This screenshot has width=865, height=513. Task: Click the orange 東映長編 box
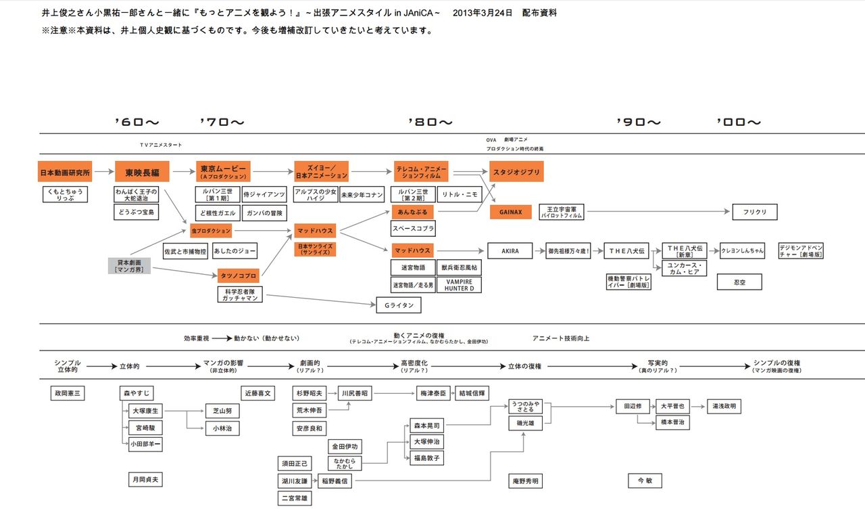pyautogui.click(x=142, y=171)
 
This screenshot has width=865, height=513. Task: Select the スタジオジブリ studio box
pyautogui.click(x=516, y=171)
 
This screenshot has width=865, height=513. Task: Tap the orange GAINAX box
pyautogui.click(x=511, y=212)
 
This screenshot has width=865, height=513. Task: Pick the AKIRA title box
pyautogui.click(x=510, y=251)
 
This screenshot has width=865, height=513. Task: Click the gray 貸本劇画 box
pyautogui.click(x=128, y=265)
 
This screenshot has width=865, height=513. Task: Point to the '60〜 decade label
pyautogui.click(x=137, y=122)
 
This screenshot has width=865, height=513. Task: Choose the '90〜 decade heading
pyautogui.click(x=639, y=122)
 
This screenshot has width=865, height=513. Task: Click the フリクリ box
pyautogui.click(x=754, y=212)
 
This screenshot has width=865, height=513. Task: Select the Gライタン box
pyautogui.click(x=398, y=305)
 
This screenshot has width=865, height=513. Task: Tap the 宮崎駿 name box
pyautogui.click(x=145, y=428)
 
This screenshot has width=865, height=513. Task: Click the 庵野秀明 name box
pyautogui.click(x=525, y=481)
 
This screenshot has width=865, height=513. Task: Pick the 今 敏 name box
pyautogui.click(x=644, y=481)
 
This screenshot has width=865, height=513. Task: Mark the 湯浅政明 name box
pyautogui.click(x=725, y=407)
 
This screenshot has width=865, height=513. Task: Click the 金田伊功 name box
pyautogui.click(x=345, y=447)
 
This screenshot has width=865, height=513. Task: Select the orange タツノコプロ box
pyautogui.click(x=239, y=275)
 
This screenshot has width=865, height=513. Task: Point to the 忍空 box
pyautogui.click(x=739, y=282)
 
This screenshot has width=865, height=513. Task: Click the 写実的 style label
pyautogui.click(x=656, y=363)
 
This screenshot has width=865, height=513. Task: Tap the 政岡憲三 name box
pyautogui.click(x=68, y=393)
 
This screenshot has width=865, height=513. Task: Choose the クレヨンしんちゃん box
pyautogui.click(x=742, y=251)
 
